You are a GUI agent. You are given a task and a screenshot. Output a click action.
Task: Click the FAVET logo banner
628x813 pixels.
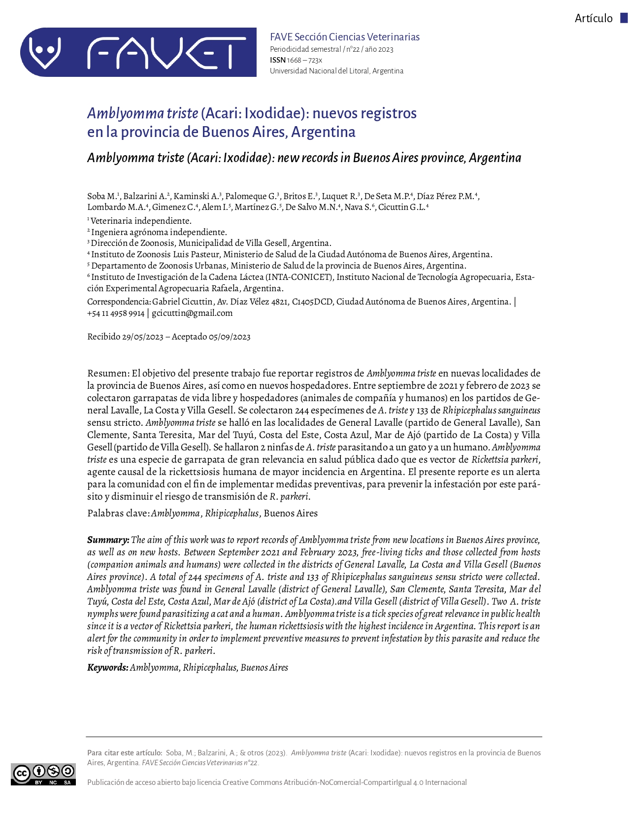coord(138,52)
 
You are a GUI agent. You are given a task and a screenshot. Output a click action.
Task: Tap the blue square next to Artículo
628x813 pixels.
coord(624,18)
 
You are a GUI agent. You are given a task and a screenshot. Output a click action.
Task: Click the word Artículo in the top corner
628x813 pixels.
coord(594,19)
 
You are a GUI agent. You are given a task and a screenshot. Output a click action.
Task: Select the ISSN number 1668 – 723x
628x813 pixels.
coord(304,60)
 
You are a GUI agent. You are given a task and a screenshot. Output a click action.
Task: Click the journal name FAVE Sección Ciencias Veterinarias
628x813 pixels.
coord(345,37)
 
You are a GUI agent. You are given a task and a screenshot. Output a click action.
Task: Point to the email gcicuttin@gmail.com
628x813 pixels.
coord(192,313)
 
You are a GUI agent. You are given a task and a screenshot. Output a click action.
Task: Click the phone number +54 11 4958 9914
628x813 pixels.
coord(116,313)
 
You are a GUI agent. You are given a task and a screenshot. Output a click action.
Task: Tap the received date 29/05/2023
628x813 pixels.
coord(143,337)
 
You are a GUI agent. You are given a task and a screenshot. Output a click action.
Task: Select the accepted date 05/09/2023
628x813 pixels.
coord(230,337)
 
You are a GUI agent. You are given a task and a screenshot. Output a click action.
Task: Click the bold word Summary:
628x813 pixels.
coord(108,540)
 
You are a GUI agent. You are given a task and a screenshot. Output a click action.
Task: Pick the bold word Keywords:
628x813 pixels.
coord(108,668)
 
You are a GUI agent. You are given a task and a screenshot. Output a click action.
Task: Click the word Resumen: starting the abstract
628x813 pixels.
coord(108,373)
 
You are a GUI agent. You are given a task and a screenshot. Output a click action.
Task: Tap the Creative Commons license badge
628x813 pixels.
coord(43,774)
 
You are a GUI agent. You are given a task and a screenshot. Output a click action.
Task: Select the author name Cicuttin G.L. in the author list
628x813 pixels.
coord(402,207)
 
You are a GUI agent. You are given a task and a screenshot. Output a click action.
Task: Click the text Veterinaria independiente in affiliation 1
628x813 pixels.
coord(141,221)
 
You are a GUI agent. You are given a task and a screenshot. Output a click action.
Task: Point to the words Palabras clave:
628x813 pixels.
coord(118,513)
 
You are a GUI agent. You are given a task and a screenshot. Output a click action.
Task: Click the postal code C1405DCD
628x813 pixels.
coord(312,302)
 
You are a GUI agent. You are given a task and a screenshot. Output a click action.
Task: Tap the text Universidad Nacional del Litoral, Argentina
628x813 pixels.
coord(336,71)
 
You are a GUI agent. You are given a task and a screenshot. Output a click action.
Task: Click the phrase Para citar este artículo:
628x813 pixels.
coord(125,753)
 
